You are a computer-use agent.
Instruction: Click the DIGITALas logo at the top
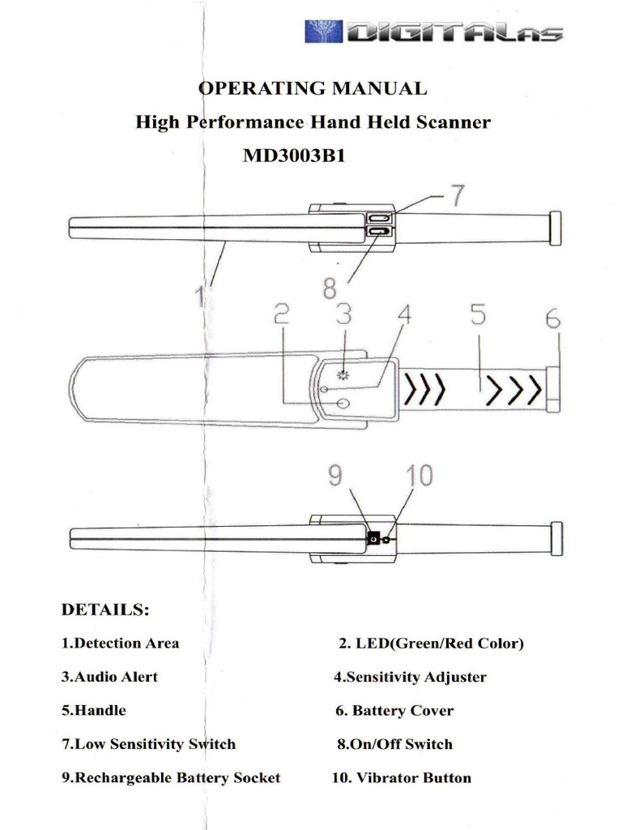tap(433, 32)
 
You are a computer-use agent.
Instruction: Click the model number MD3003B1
tap(295, 156)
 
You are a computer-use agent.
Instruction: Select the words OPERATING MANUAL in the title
tap(313, 88)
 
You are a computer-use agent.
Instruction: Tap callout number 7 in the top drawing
tap(458, 197)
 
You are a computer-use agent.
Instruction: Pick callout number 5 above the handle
tap(478, 317)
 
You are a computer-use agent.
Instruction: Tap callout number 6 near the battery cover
tap(552, 320)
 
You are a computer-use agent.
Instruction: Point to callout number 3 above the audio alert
tap(343, 314)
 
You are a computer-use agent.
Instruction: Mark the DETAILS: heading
tap(105, 610)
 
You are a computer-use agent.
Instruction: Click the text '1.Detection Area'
tap(121, 644)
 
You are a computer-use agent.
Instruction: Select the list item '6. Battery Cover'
tap(394, 711)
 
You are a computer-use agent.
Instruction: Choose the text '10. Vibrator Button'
tap(402, 778)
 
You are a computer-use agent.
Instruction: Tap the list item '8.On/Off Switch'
tap(394, 744)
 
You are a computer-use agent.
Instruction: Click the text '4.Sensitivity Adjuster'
tap(411, 677)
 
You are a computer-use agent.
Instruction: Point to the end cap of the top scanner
tap(556, 227)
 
